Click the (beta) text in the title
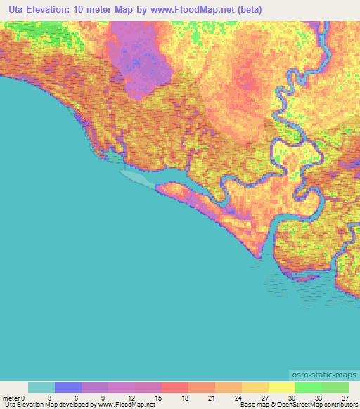pos(250,10)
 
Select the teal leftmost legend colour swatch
pos(41,387)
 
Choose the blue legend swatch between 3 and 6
pos(68,387)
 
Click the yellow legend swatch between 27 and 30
pos(282,387)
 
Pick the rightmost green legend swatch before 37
pos(335,387)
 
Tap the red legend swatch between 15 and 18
pos(175,387)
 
